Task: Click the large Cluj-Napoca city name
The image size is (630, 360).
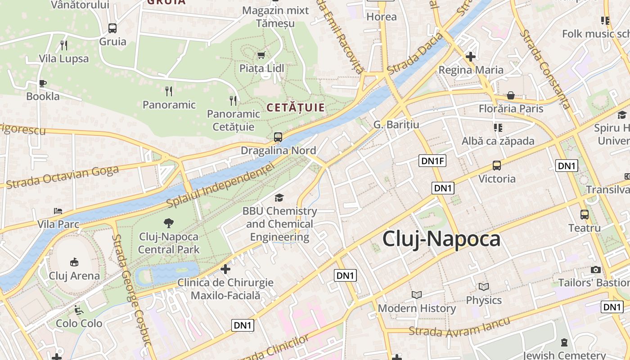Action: [x=441, y=239]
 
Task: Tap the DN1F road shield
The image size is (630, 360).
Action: [x=432, y=161]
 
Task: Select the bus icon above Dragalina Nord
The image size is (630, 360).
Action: [x=278, y=137]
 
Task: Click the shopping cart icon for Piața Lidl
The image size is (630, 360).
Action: [x=261, y=55]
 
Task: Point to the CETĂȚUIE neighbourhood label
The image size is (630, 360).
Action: [x=296, y=108]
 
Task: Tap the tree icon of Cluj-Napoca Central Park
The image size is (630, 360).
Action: [x=169, y=223]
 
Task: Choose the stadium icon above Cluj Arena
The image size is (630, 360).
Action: [x=74, y=262]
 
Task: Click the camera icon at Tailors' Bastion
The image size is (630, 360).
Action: [x=596, y=270]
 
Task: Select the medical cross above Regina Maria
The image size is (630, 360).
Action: [x=471, y=57]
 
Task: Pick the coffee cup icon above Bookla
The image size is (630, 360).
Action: [x=43, y=83]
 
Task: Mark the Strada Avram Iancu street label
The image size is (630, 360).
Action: [x=459, y=328]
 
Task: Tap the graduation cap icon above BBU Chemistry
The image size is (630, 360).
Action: [x=279, y=198]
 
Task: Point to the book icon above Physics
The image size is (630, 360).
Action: [x=484, y=287]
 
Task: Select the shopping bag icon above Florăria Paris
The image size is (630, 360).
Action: [x=511, y=95]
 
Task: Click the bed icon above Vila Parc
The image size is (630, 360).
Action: [x=58, y=211]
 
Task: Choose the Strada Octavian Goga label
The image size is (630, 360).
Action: [x=63, y=177]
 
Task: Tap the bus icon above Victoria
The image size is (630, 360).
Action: [x=497, y=166]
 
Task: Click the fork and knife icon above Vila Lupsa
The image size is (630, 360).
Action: [x=64, y=45]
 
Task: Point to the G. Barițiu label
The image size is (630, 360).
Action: [x=396, y=124]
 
